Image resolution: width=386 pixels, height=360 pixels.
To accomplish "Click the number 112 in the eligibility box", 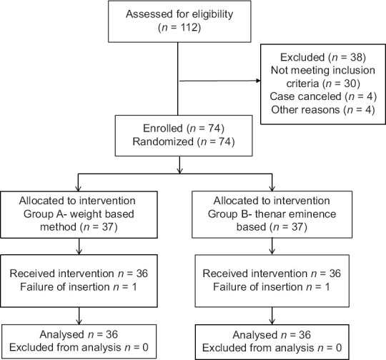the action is click(x=189, y=27).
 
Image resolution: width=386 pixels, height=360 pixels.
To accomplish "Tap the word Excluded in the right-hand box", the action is click(x=302, y=57).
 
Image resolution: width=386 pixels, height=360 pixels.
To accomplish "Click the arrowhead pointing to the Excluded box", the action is click(x=258, y=81).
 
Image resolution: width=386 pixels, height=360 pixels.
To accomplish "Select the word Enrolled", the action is click(x=163, y=129).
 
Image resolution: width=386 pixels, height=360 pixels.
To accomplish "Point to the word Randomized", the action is click(x=163, y=141).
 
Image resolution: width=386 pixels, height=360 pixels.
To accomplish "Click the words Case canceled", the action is click(x=305, y=96).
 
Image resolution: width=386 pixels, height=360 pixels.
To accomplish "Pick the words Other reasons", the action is click(x=305, y=110).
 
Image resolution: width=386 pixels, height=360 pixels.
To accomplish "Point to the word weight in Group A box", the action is click(x=85, y=214).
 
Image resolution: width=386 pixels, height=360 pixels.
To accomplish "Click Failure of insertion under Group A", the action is click(x=65, y=287).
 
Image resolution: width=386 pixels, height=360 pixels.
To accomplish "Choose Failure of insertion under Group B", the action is click(x=258, y=287).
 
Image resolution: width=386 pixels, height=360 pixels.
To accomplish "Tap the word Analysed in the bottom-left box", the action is click(x=62, y=335).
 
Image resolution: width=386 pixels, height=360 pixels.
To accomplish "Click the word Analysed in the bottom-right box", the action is click(x=255, y=335).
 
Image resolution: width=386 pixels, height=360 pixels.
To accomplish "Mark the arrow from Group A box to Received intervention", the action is click(x=79, y=246).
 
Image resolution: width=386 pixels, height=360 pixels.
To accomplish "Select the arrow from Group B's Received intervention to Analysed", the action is click(x=272, y=316).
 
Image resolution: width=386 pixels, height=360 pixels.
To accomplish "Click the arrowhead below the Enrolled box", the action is click(x=179, y=171).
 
